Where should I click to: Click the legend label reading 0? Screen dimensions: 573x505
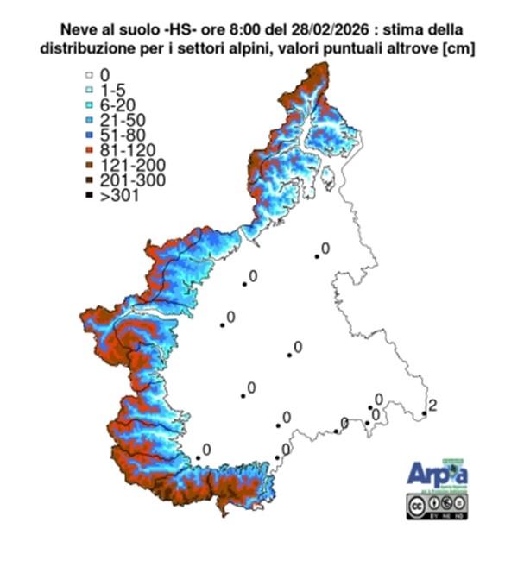pyautogui.click(x=104, y=77)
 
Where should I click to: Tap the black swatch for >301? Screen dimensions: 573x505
pyautogui.click(x=90, y=195)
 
